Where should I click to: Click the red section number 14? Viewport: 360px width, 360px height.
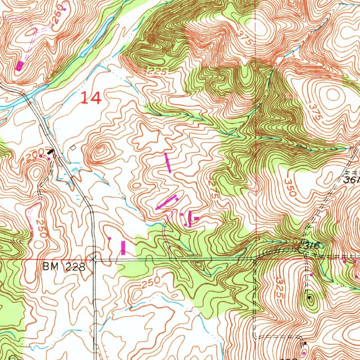[91, 98]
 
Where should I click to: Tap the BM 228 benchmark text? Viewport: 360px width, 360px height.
[64, 267]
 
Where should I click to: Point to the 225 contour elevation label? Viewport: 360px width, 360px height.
[156, 71]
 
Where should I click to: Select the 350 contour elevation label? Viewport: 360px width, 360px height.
[291, 188]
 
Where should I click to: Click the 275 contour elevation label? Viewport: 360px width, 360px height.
[214, 190]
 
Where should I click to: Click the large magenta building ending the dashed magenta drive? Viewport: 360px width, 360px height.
[20, 65]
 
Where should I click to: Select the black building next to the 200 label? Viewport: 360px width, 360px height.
[51, 152]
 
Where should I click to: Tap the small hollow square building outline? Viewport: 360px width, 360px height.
[73, 148]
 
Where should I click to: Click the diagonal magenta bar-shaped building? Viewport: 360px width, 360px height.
[166, 203]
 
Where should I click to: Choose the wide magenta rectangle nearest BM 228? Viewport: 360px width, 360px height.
[123, 247]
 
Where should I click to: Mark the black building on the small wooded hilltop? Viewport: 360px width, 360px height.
[309, 298]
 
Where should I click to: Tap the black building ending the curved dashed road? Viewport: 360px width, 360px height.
[305, 343]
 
